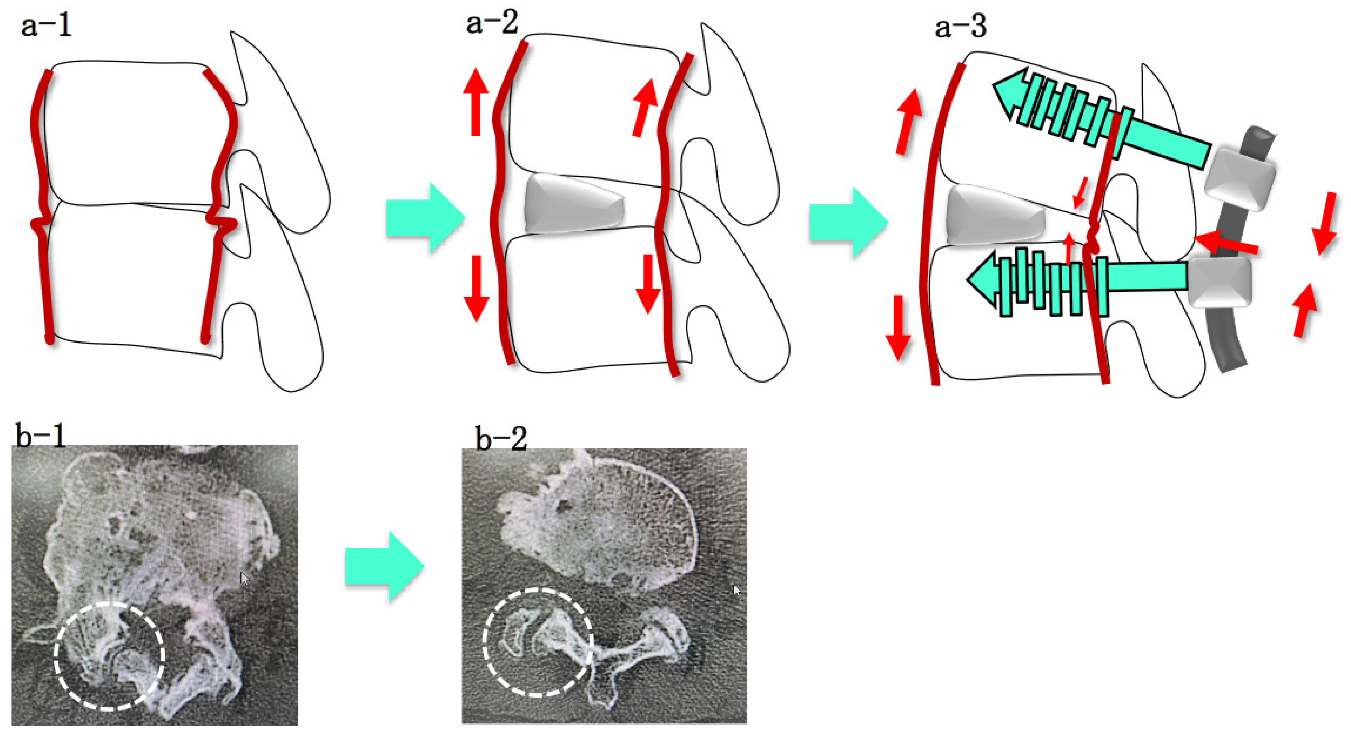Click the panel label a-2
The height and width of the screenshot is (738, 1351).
coord(492,22)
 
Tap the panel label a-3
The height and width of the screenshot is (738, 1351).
coord(960,26)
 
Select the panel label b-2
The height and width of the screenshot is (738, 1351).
coord(501,439)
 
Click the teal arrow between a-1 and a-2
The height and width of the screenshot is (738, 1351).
coord(425,217)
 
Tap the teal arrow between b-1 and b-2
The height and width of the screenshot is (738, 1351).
coord(384,566)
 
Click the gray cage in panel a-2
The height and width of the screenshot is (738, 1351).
coord(574,203)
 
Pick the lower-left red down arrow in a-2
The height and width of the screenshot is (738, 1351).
coord(476,288)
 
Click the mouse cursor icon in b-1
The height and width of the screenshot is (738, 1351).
coord(244,578)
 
